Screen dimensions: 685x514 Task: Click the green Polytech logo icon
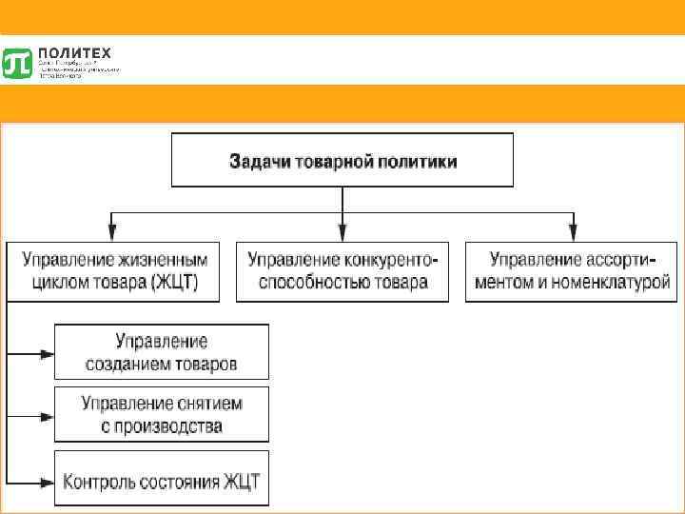click(x=18, y=62)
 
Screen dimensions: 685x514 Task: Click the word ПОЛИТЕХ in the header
click(x=68, y=53)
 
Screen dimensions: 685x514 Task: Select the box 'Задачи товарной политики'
click(x=342, y=160)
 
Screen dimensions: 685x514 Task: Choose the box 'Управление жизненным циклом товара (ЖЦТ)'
click(x=111, y=271)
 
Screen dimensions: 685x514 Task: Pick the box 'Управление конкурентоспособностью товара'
click(x=342, y=271)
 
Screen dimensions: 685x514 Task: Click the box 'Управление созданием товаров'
click(x=162, y=352)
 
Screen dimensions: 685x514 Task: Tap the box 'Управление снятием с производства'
click(x=162, y=414)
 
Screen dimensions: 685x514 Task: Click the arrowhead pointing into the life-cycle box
click(x=113, y=231)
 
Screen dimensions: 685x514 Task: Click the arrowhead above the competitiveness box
click(x=342, y=231)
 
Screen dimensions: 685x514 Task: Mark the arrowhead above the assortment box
click(x=572, y=231)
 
